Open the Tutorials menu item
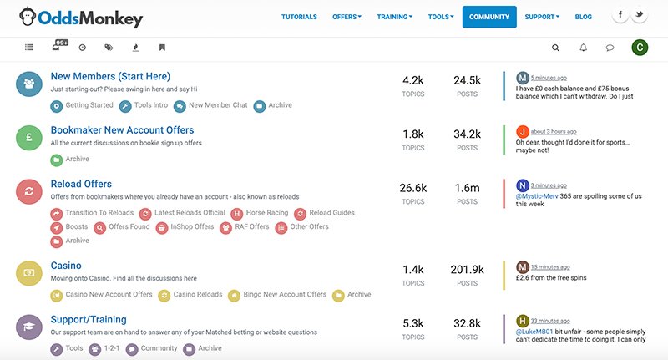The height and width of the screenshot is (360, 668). (299, 17)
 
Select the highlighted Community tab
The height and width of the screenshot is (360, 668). (489, 17)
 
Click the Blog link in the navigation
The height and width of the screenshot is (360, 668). (584, 17)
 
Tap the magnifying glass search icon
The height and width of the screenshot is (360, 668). (556, 48)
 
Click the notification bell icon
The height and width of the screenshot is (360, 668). (583, 48)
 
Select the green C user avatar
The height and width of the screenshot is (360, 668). (640, 48)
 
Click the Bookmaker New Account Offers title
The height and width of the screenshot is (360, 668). (122, 130)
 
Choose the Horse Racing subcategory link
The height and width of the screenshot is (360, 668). (266, 213)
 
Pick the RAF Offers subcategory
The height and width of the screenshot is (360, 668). (250, 226)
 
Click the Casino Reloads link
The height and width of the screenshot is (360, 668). (197, 294)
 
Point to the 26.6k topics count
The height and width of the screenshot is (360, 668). (413, 188)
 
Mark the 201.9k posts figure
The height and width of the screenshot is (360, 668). (467, 270)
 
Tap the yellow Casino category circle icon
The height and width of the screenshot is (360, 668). (29, 273)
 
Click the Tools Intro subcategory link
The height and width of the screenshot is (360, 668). (150, 105)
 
